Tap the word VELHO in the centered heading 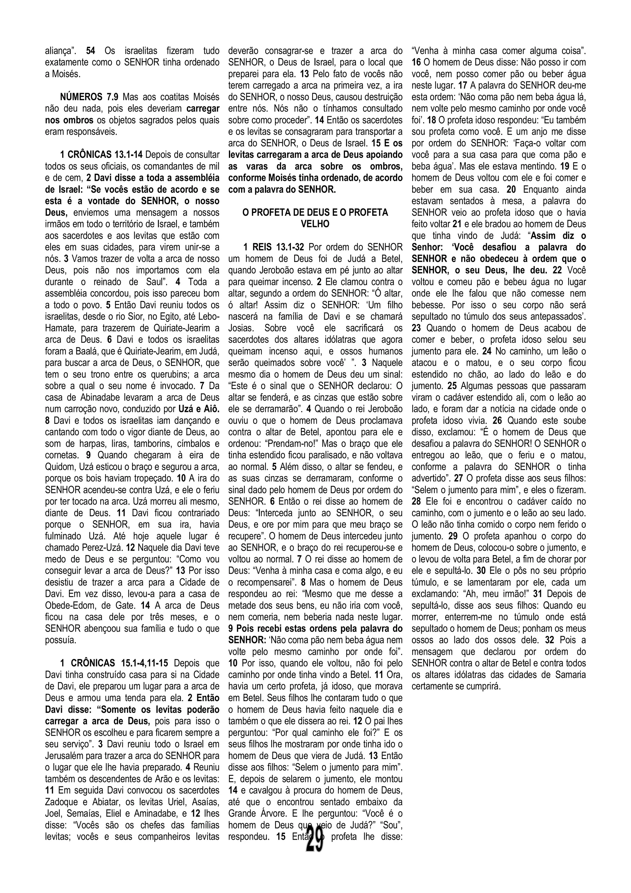tap(315, 224)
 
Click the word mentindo tap(534, 166)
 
